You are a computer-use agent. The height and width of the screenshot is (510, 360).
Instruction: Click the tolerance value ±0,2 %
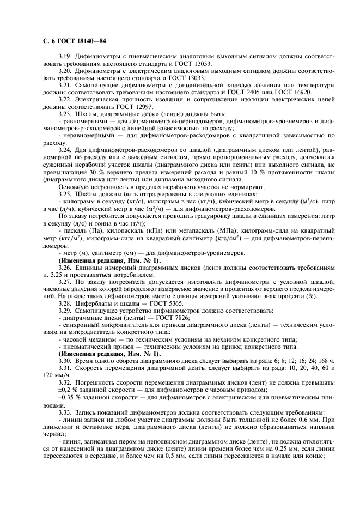68,389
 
